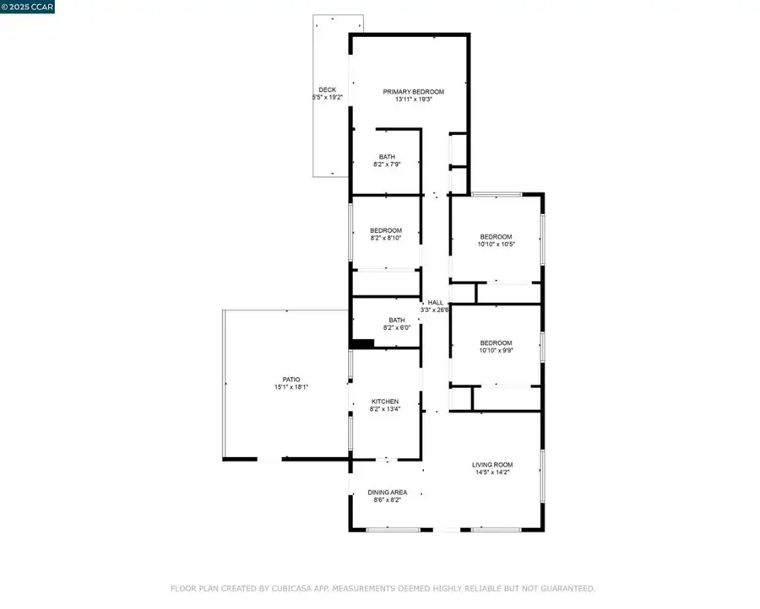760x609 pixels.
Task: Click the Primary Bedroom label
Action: click(x=414, y=92)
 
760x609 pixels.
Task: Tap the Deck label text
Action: click(x=327, y=90)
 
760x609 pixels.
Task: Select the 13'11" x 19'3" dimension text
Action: click(x=414, y=100)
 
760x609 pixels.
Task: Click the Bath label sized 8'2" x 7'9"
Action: click(x=387, y=157)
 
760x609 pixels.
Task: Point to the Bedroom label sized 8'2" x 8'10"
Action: click(x=386, y=230)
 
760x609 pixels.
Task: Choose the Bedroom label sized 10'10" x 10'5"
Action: click(x=496, y=237)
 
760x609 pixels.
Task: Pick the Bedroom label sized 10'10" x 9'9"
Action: click(x=496, y=342)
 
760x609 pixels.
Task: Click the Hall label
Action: click(x=435, y=303)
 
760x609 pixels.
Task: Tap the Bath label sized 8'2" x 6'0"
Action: click(x=397, y=320)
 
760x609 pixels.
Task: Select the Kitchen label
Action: click(x=385, y=402)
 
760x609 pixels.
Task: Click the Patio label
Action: click(x=291, y=380)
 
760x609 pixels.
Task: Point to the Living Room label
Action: click(x=492, y=465)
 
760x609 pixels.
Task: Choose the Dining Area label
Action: click(x=388, y=493)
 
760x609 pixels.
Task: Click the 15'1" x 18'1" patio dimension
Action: click(x=291, y=387)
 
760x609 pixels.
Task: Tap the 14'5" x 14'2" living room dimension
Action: click(x=492, y=472)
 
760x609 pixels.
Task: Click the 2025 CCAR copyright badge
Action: click(x=27, y=7)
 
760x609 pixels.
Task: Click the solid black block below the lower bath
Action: click(x=361, y=343)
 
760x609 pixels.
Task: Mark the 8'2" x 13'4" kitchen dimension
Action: click(x=385, y=408)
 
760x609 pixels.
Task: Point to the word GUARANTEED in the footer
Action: click(x=567, y=589)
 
